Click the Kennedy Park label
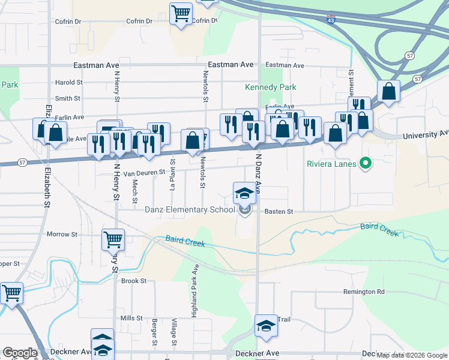tap(270, 88)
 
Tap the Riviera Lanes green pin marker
tap(364, 163)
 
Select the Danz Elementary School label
tap(190, 209)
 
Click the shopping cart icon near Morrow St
tap(113, 240)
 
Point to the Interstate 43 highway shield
tap(331, 20)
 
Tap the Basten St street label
tap(279, 212)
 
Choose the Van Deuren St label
tap(144, 173)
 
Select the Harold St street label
tap(68, 83)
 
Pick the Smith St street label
tap(67, 98)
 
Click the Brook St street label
tap(134, 281)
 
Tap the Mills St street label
tap(131, 318)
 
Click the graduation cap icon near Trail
tap(266, 326)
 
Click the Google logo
tap(19, 353)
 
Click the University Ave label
tap(427, 134)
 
